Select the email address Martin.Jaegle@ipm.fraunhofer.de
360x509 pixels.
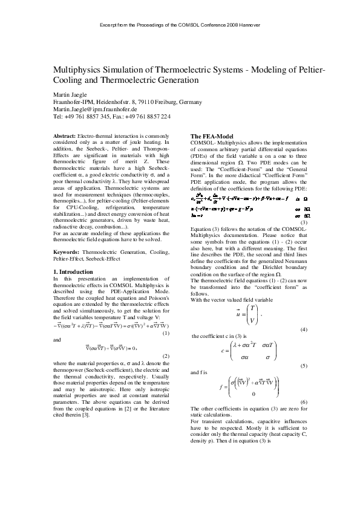tap(94, 109)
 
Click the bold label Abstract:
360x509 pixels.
tap(65, 136)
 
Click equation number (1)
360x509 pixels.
tap(166, 334)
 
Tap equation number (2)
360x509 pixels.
tap(166, 356)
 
